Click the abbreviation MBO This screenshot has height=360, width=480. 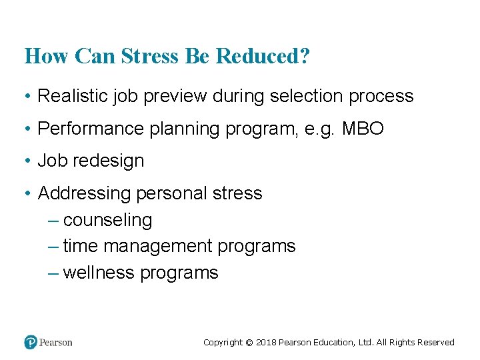pos(363,129)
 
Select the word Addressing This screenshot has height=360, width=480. pos(85,194)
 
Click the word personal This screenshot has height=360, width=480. pos(171,194)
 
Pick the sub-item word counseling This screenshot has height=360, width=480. pos(107,221)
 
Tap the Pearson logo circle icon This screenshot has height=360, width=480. pos(31,343)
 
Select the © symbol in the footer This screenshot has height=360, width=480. pos(249,343)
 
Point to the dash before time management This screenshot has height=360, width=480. pos(54,247)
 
